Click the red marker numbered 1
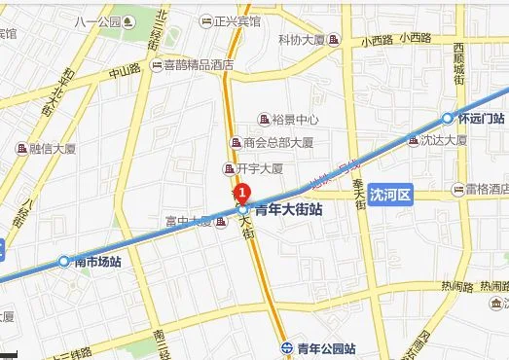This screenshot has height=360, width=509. pos(243,193)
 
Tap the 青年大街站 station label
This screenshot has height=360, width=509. pos(288,209)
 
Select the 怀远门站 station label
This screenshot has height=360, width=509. pos(478,119)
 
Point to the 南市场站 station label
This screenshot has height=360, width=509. pos(96,262)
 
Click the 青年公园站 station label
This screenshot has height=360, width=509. pos(326,347)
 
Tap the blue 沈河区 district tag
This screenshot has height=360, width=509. pos(393,195)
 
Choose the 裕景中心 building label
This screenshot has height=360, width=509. pos(296,120)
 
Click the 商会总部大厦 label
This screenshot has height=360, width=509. pos(278,143)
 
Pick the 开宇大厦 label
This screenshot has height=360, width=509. pos(260,167)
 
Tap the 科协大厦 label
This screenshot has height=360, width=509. pos(302,40)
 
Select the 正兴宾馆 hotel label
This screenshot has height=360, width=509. pos(237,20)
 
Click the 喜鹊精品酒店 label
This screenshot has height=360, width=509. pos(199,65)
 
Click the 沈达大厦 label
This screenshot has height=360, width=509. pos(444,140)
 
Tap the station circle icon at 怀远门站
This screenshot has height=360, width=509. pos(448,119)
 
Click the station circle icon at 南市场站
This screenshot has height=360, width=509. pos(64,261)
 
